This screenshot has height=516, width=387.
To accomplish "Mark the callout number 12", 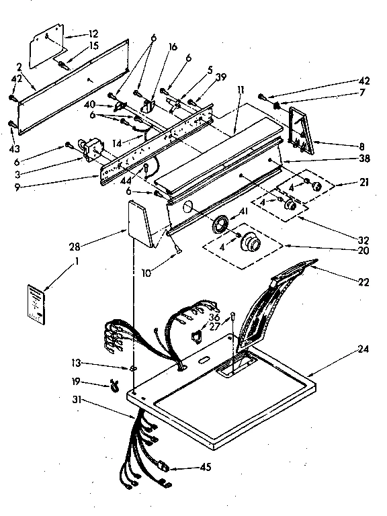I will [93, 33].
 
